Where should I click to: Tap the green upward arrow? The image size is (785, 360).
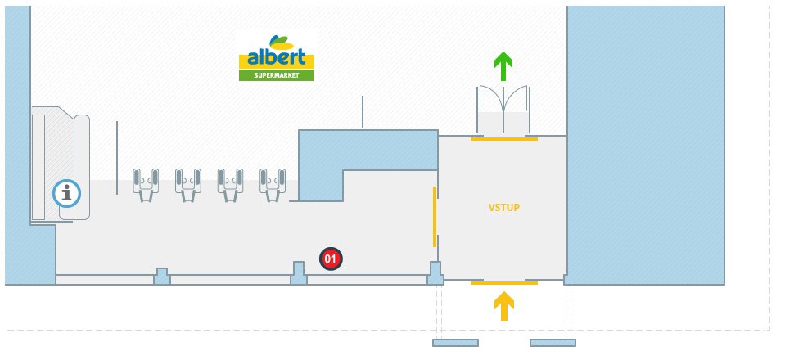tap(503, 65)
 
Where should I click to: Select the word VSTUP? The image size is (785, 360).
tap(503, 208)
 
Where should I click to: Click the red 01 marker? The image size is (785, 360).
tap(331, 259)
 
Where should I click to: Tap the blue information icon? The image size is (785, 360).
tap(67, 194)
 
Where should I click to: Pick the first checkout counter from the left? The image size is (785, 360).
tap(146, 183)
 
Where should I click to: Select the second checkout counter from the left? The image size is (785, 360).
tap(187, 183)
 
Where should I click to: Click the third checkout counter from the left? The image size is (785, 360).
tap(230, 183)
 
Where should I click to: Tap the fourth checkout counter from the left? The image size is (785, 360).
tap(273, 183)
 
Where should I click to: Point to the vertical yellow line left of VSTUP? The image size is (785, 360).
tap(435, 216)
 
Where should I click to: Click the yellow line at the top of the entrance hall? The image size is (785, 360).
tap(503, 139)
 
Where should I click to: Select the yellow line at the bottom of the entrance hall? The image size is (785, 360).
tap(503, 282)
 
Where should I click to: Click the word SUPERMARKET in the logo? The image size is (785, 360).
tap(276, 75)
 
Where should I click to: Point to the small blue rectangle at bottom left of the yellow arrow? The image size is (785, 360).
tap(455, 343)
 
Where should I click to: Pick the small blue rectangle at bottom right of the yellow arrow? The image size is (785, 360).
tap(553, 343)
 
